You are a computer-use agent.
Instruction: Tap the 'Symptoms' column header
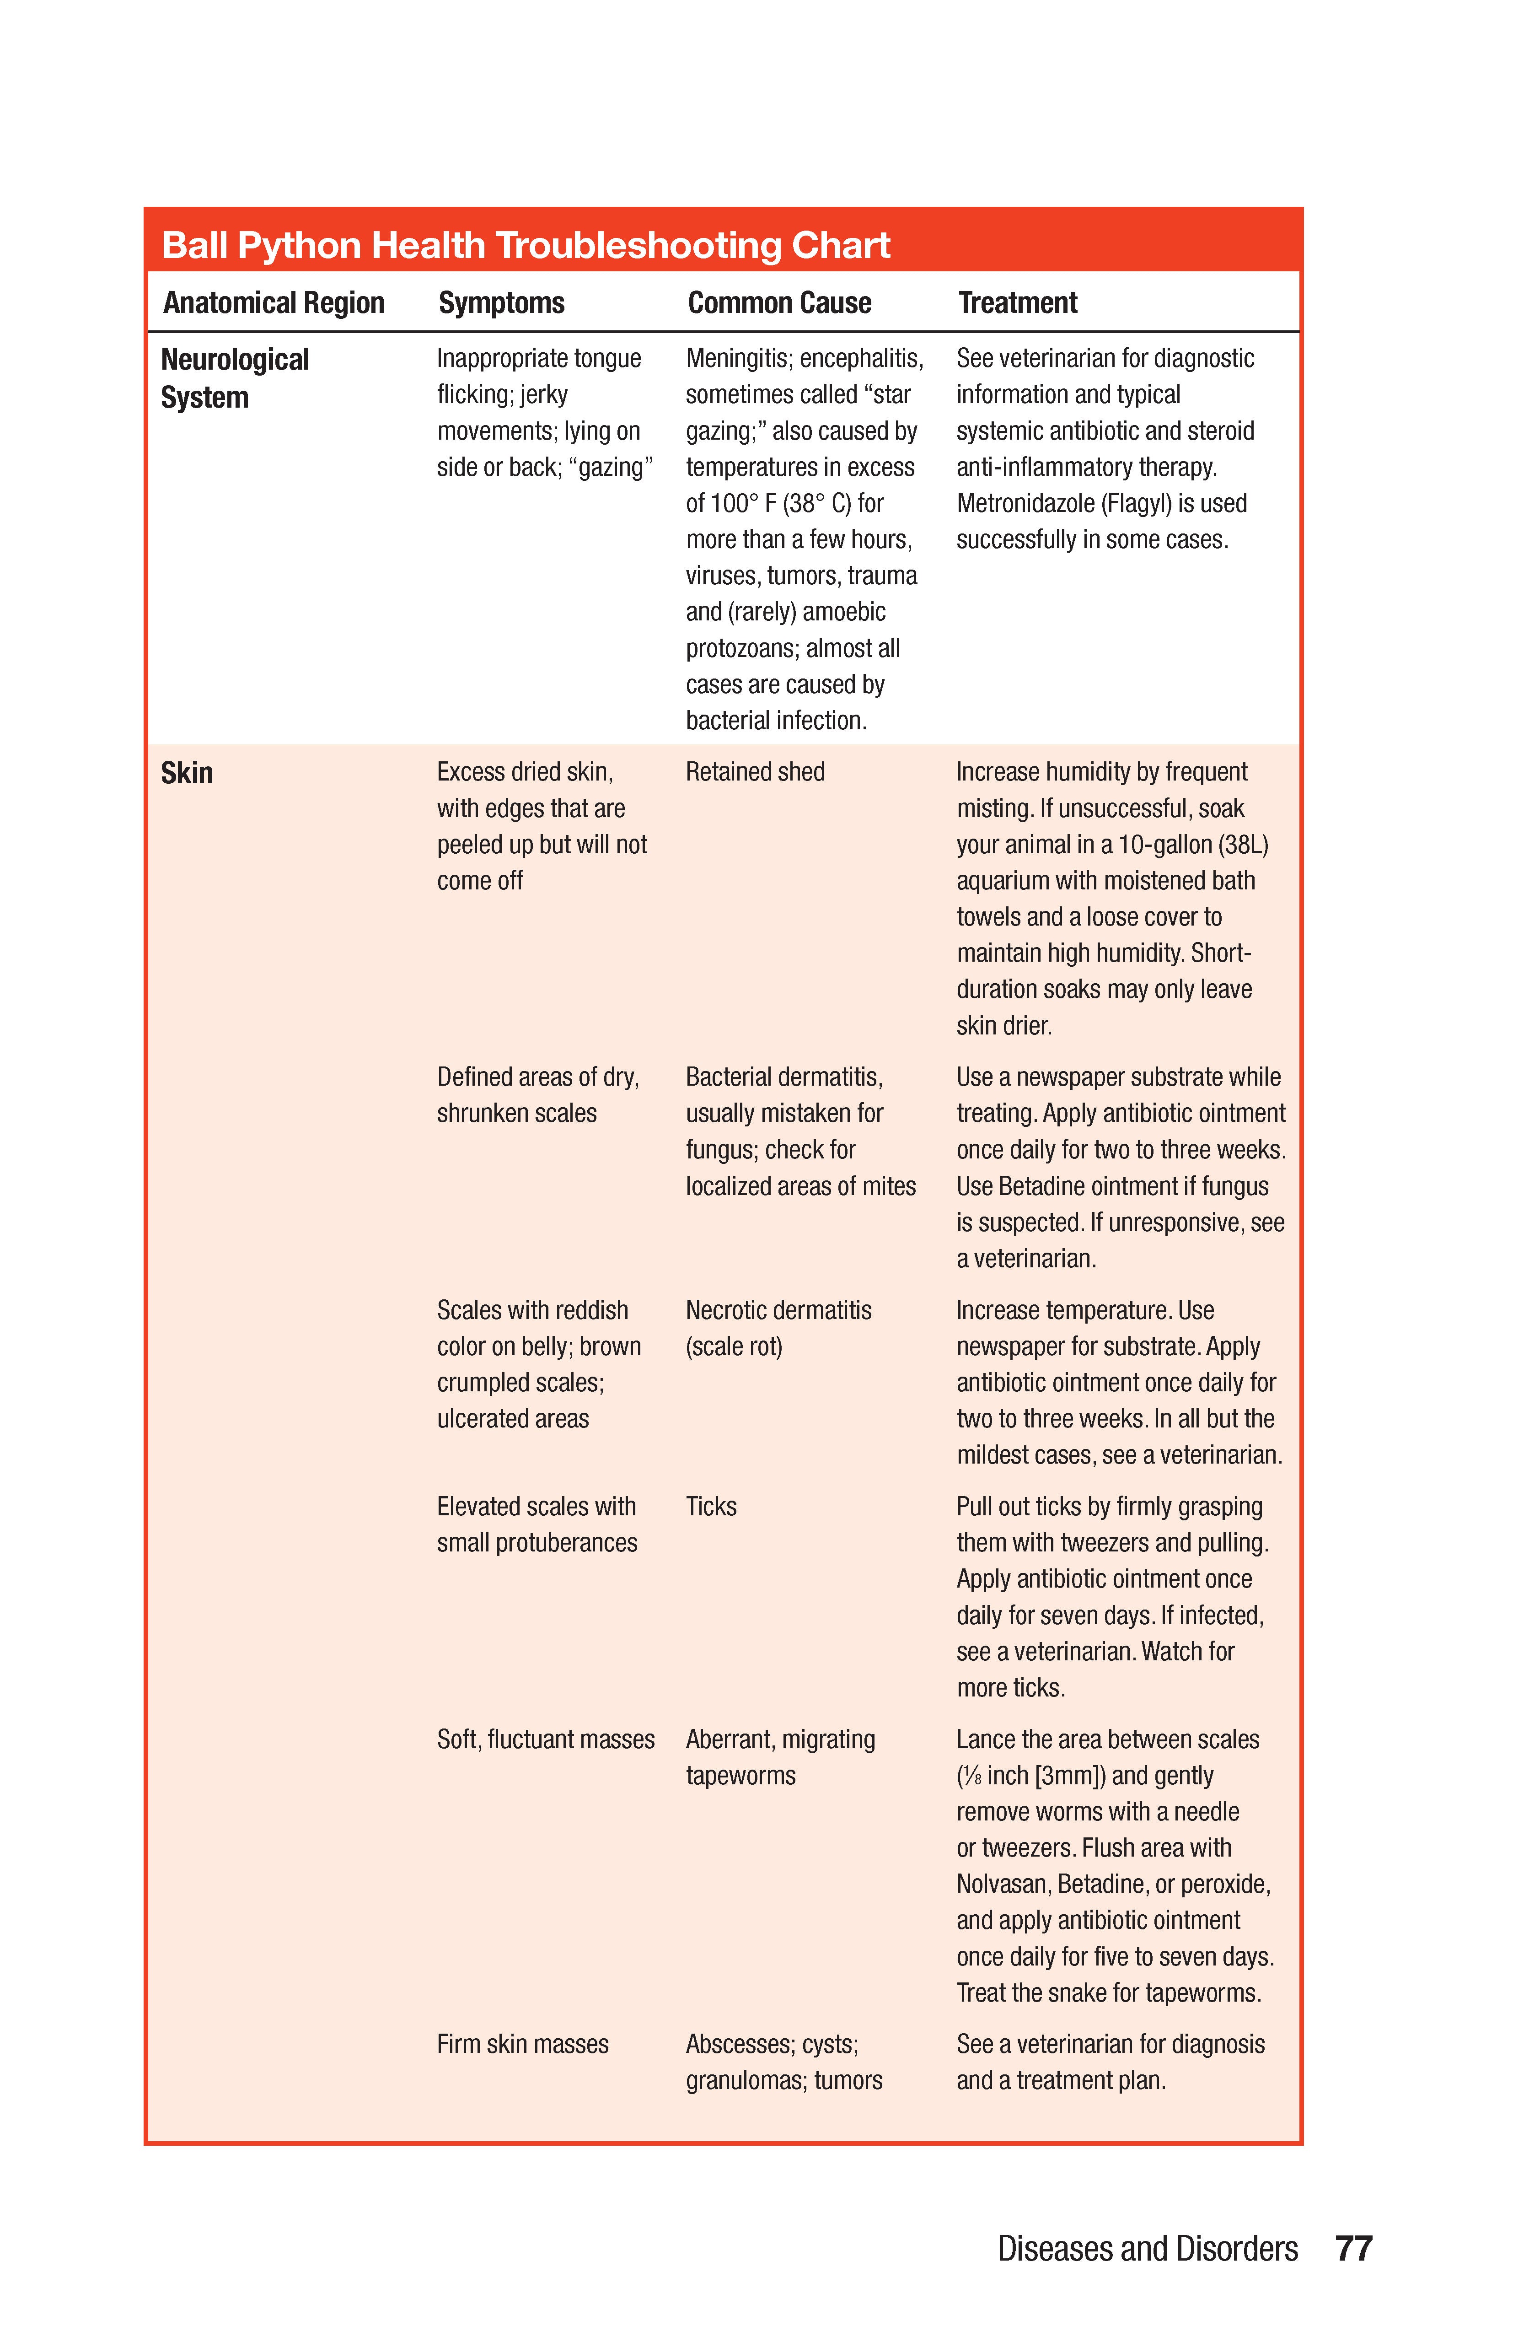501,302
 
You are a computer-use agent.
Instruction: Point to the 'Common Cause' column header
778,302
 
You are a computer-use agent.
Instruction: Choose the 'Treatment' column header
1017,302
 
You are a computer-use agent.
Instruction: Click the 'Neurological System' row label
235,378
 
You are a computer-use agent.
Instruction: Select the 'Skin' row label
187,773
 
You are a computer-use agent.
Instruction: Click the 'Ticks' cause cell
711,1506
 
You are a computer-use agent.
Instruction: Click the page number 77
1353,2249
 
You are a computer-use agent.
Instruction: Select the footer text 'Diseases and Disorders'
1147,2249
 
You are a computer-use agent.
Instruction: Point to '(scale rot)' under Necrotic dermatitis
734,1346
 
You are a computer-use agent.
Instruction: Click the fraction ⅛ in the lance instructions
971,1777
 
